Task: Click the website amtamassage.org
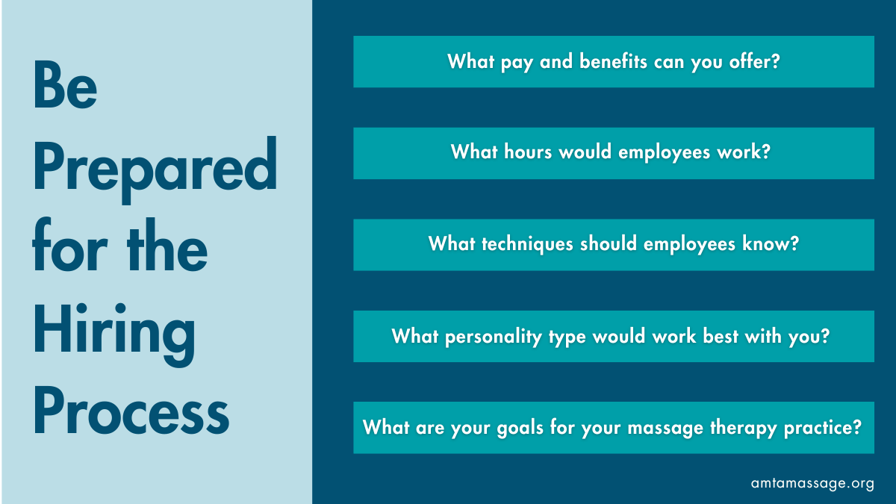(812, 483)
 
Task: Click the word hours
(527, 152)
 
